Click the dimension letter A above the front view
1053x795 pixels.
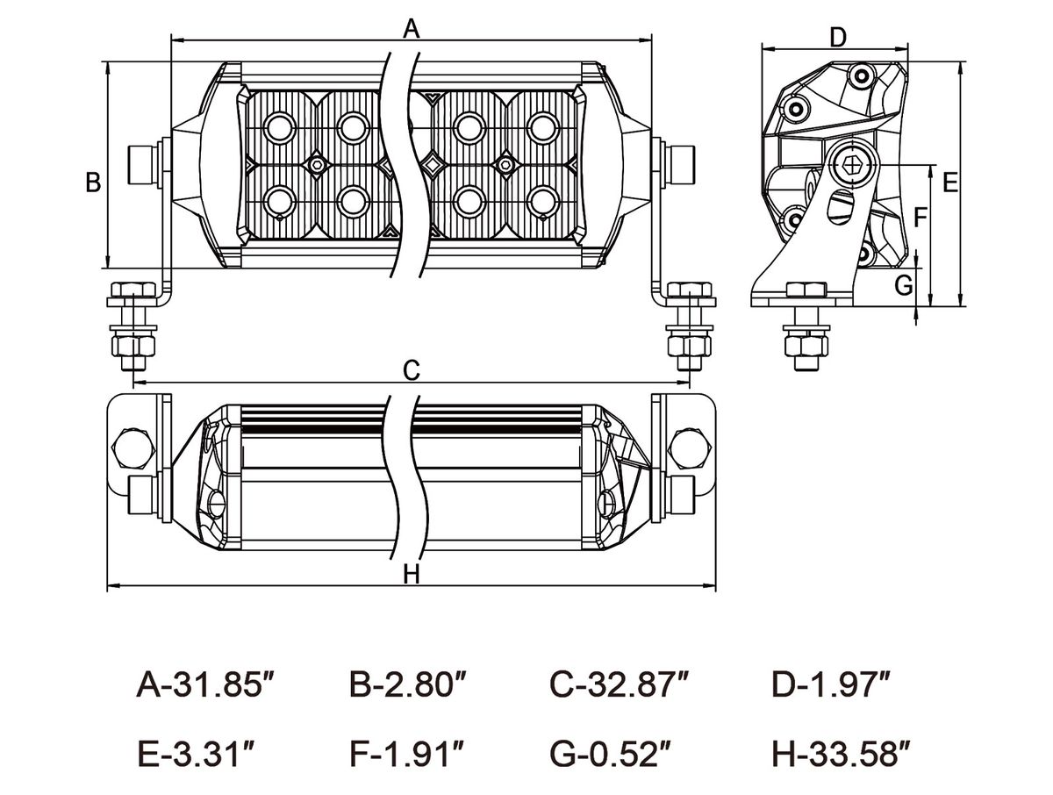point(412,28)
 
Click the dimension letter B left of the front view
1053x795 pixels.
point(93,183)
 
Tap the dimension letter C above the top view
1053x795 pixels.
point(412,370)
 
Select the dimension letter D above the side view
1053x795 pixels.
point(838,38)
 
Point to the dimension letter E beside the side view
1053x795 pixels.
point(950,183)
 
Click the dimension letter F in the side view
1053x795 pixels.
point(920,218)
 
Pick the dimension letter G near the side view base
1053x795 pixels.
point(904,286)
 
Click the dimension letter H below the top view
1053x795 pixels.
point(412,574)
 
